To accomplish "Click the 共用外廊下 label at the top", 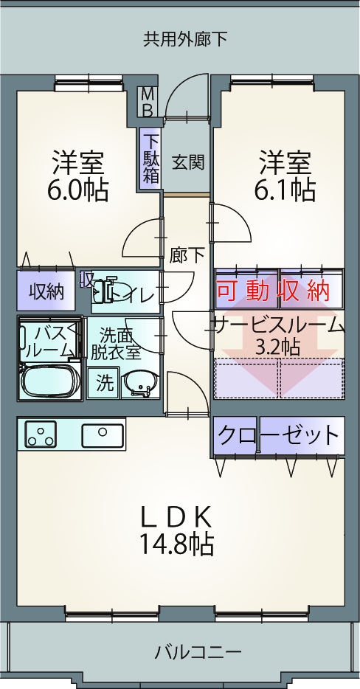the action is pos(185,40).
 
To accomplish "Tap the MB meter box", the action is pos(148,103).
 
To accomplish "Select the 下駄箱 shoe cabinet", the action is pos(150,158).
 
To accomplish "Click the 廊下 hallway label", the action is pos(187,255).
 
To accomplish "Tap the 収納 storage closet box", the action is pos(46,291).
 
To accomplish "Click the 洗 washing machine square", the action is pos(104,384).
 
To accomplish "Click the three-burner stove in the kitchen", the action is pos(42,434).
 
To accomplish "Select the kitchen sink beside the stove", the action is pos(103,434).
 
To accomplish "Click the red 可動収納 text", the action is pos(273,291).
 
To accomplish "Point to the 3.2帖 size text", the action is pos(278,347).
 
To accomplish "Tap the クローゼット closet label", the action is pos(279,435).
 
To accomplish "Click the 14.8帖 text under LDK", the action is pos(177,544).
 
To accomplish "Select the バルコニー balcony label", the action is pos(198,651).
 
